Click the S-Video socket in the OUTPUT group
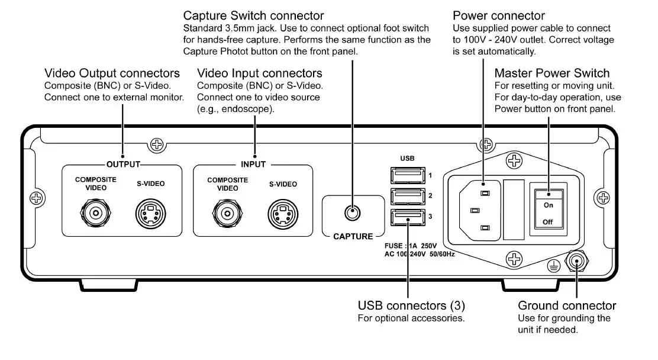click(x=150, y=212)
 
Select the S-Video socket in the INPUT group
click(x=283, y=212)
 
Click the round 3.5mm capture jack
click(x=353, y=212)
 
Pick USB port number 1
click(x=407, y=175)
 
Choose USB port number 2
click(x=407, y=196)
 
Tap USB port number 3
click(x=407, y=217)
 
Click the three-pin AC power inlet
click(x=481, y=210)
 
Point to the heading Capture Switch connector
click(x=254, y=15)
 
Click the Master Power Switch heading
click(x=551, y=73)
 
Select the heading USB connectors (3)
click(x=411, y=306)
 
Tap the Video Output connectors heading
click(x=112, y=73)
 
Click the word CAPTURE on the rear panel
click(x=353, y=237)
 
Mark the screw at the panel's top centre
click(x=157, y=143)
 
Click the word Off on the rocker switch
click(x=548, y=222)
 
